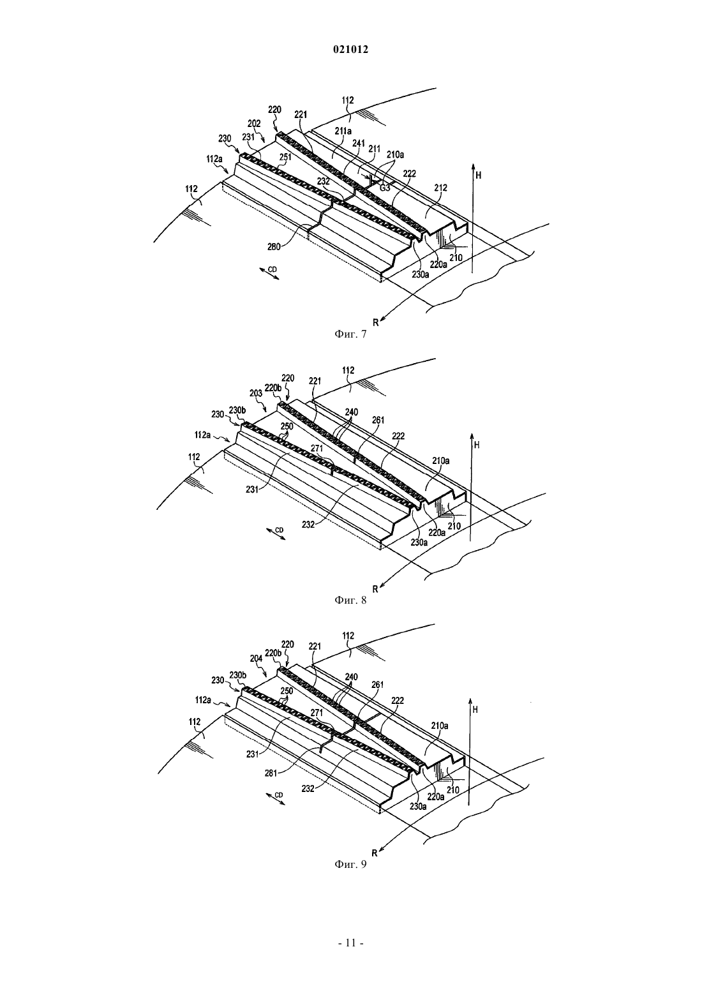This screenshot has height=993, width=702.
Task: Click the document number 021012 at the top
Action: (x=350, y=50)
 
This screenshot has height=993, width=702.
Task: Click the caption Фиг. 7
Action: (x=350, y=334)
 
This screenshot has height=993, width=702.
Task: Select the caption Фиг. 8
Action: (x=350, y=601)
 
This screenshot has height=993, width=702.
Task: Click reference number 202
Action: (x=254, y=123)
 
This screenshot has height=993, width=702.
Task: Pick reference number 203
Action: (x=256, y=393)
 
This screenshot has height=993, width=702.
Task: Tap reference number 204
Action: (x=256, y=659)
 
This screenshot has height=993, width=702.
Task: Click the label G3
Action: (x=385, y=188)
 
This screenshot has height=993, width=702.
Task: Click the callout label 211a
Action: (x=343, y=130)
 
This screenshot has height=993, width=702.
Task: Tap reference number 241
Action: (x=359, y=143)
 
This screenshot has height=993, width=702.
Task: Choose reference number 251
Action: (x=285, y=156)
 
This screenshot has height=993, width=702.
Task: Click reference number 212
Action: (x=440, y=188)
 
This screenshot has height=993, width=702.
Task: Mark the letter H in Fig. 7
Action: (x=478, y=175)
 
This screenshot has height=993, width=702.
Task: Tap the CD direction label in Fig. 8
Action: (x=280, y=530)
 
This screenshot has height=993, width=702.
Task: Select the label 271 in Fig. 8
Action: (x=317, y=448)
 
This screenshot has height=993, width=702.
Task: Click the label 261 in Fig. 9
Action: (x=378, y=685)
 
